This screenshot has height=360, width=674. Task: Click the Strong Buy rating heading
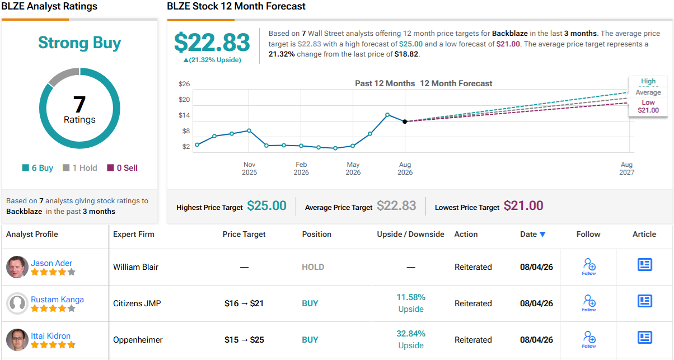79,43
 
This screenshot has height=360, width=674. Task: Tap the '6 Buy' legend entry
38,167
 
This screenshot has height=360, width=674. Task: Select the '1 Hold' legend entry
79,167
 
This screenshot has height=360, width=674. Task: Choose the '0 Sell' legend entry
122,167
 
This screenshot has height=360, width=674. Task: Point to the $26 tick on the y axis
184,84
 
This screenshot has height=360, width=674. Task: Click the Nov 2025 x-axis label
250,169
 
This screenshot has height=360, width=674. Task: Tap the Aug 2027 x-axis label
627,169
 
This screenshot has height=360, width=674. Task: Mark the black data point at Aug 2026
405,121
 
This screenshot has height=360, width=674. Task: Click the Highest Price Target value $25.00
266,206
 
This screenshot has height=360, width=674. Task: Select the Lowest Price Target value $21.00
523,206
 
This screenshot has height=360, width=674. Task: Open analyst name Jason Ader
52,263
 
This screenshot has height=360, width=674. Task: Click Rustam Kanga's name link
57,300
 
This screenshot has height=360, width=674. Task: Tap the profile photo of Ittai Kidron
17,339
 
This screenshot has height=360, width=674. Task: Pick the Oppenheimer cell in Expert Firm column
138,340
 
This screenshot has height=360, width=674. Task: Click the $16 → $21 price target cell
244,303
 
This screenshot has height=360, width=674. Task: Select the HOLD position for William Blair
313,267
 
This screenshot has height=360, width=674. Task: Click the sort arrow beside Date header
542,235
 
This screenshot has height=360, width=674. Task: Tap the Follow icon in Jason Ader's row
589,267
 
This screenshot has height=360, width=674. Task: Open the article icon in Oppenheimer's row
644,338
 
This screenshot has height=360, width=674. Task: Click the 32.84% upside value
411,334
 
